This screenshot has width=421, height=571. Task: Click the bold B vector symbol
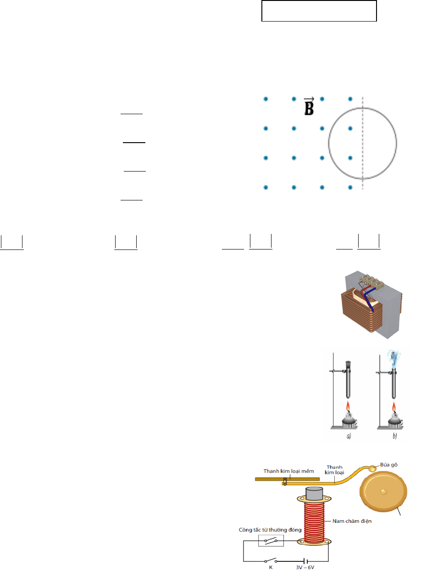309,106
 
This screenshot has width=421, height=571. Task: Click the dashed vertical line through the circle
363,143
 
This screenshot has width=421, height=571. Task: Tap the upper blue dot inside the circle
350,128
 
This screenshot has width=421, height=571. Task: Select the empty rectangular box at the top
319,11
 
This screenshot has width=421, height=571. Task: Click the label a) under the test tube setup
349,436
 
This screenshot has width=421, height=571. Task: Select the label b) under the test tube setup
395,436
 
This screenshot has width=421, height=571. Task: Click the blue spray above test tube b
394,360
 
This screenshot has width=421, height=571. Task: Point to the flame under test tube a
348,406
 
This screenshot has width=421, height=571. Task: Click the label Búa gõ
388,465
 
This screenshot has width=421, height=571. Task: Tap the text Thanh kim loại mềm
289,471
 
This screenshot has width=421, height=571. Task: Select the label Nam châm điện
352,521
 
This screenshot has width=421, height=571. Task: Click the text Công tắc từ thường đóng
270,530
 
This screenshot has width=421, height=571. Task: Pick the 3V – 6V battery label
305,567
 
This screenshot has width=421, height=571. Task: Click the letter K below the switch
271,567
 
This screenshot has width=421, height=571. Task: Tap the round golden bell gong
383,492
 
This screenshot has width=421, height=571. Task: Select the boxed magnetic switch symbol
271,541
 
